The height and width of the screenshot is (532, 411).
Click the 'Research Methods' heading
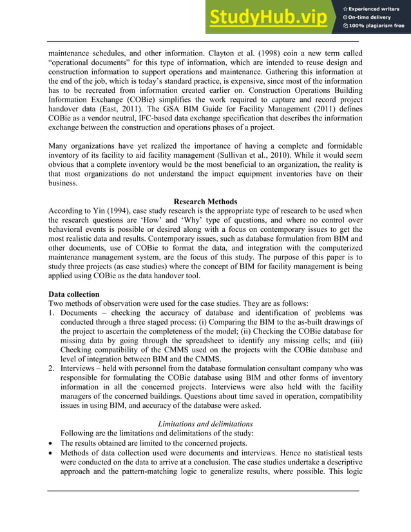tap(205, 202)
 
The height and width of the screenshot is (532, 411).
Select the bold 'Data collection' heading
tap(74, 294)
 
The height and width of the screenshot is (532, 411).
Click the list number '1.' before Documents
tap(52, 315)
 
